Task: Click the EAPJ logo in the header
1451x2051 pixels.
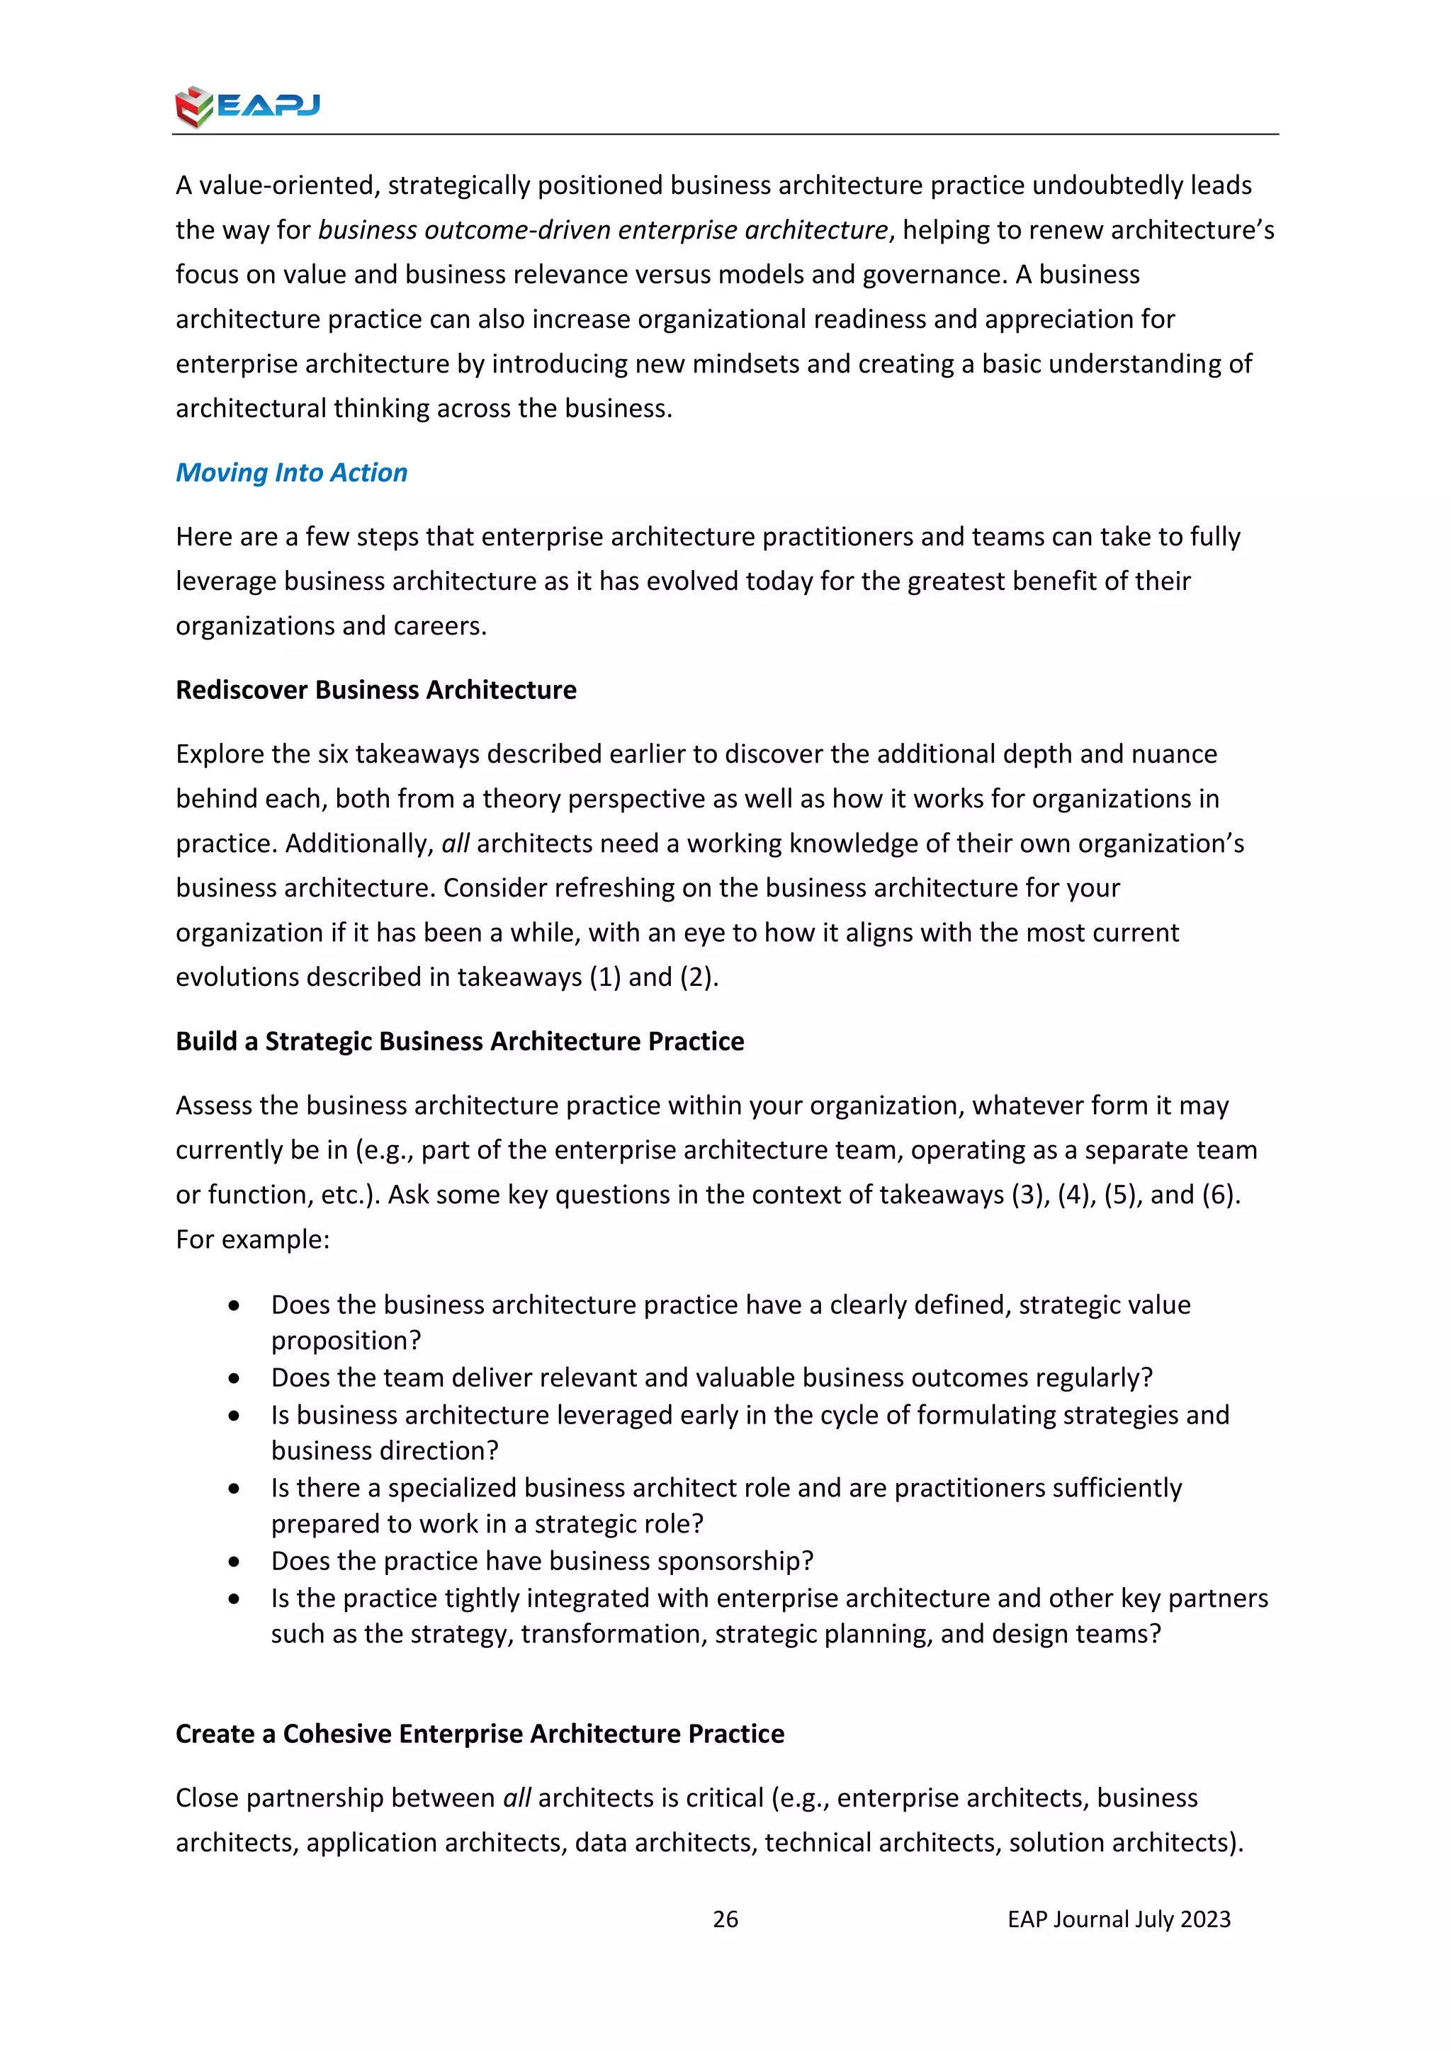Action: click(247, 106)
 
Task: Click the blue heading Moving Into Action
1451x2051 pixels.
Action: click(291, 472)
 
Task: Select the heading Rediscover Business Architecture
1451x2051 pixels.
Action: click(376, 690)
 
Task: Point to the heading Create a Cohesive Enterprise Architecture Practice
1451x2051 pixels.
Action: click(479, 1733)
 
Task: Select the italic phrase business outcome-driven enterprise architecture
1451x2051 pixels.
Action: click(603, 229)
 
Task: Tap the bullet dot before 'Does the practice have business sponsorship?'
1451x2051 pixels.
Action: click(234, 1562)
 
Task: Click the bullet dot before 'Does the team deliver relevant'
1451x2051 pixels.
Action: click(234, 1378)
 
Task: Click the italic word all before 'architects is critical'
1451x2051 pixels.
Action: click(517, 1797)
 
